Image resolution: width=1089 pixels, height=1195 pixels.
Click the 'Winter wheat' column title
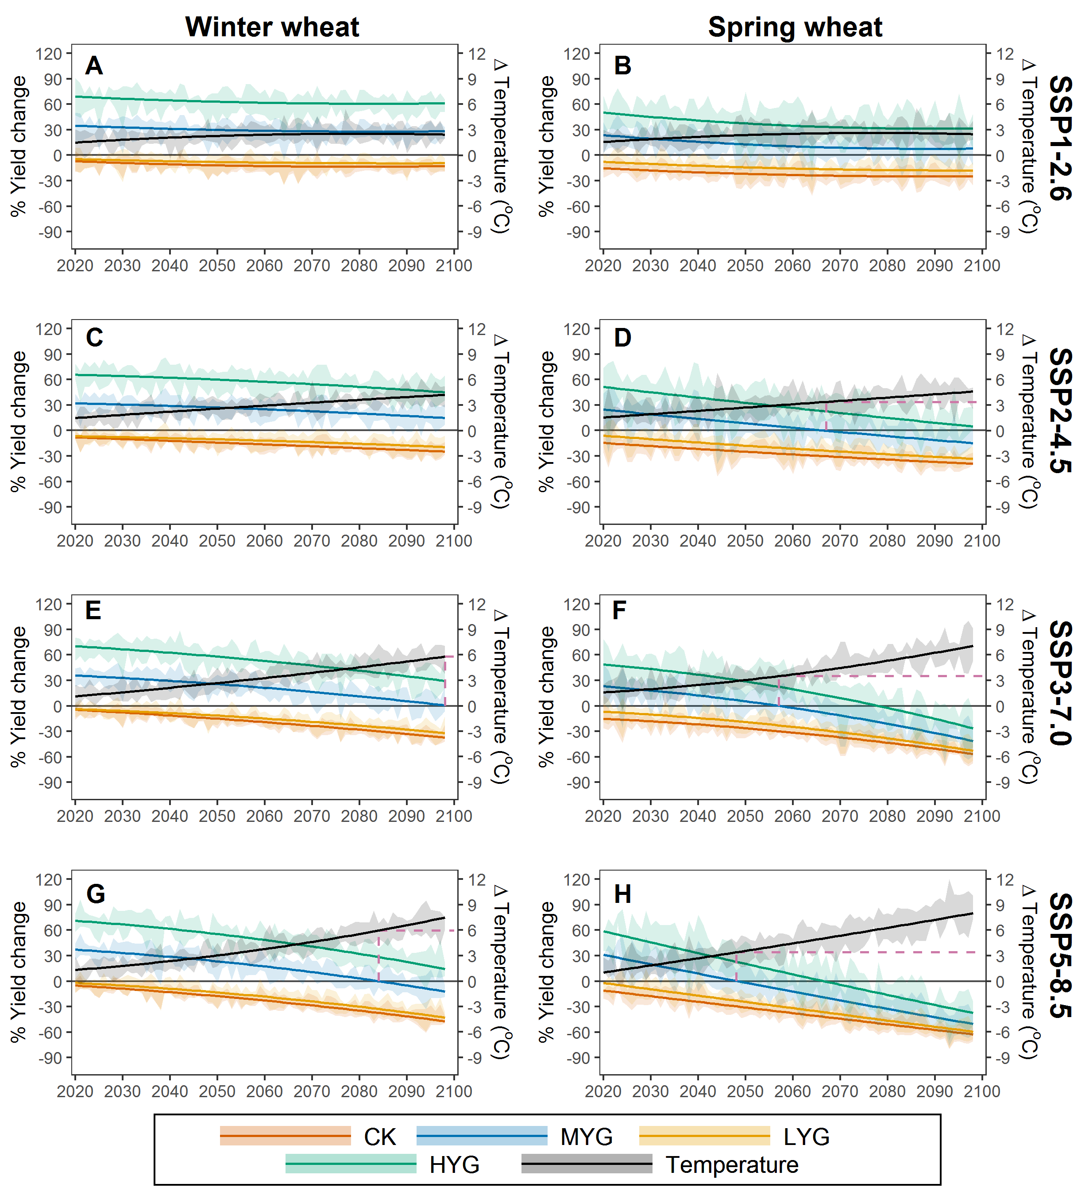272,27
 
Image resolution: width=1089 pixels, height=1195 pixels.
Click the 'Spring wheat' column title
795,27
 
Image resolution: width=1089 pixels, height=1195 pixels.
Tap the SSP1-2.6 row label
1060,139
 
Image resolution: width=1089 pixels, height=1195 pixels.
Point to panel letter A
94,66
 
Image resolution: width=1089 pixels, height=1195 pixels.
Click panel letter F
619,610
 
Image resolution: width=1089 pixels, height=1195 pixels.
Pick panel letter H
622,894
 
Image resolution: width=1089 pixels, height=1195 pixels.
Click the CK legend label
380,1137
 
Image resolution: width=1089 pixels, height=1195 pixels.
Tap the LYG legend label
806,1137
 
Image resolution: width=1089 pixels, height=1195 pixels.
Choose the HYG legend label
455,1165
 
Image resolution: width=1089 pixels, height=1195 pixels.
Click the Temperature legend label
732,1165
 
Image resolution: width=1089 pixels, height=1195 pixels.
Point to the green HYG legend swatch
351,1164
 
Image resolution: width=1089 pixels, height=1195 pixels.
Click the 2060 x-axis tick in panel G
264,1091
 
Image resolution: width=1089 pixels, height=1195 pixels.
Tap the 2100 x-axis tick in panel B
982,265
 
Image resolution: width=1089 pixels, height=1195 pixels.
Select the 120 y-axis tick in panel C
49,329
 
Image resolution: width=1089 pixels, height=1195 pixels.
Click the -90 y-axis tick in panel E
50,783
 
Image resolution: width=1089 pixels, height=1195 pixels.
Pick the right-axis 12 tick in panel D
1004,329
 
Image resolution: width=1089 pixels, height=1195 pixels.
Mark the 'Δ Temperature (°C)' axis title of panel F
1030,697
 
